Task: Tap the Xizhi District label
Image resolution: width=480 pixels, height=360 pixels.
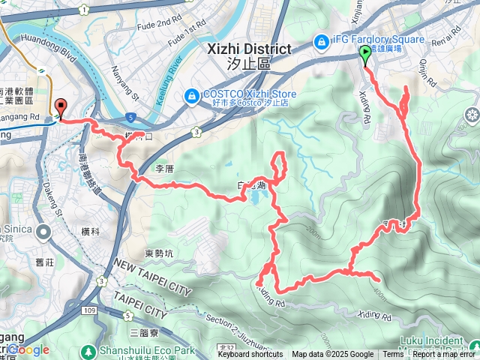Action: click(x=247, y=49)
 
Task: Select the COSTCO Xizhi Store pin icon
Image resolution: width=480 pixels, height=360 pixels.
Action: click(x=193, y=95)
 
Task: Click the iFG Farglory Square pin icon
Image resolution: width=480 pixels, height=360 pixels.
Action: click(x=321, y=40)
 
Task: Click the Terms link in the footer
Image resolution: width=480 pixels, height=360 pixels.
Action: click(x=393, y=355)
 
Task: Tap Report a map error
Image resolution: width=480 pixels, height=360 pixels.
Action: click(x=443, y=355)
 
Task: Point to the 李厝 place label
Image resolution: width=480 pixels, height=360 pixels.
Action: click(x=163, y=169)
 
